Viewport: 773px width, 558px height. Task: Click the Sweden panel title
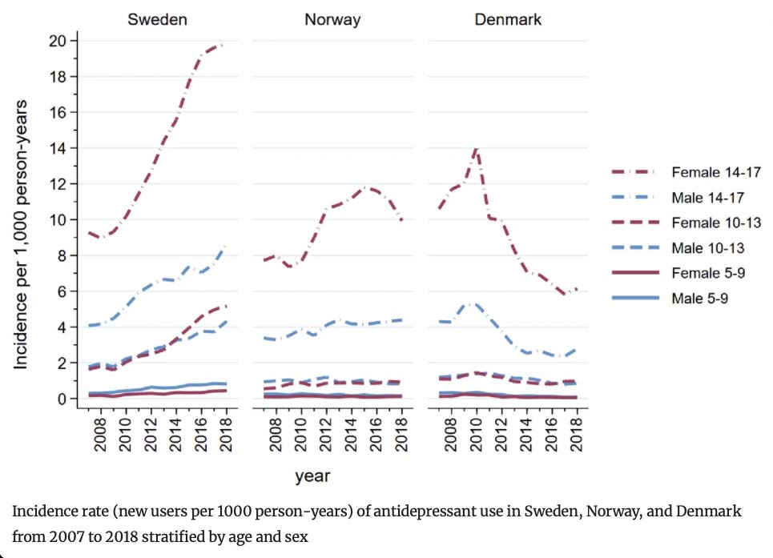point(157,19)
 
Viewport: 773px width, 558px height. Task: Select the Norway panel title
point(332,20)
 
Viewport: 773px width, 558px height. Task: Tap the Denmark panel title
point(508,19)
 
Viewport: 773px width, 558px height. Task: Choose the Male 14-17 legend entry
point(678,198)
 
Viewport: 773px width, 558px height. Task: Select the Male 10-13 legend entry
point(678,247)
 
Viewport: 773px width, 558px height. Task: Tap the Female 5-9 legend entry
point(678,273)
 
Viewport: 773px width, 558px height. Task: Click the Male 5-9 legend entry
point(670,298)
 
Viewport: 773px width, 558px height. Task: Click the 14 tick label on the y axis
point(57,148)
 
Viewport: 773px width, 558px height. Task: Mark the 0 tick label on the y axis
point(62,399)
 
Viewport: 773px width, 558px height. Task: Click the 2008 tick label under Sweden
point(100,435)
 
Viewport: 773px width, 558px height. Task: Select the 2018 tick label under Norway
point(401,435)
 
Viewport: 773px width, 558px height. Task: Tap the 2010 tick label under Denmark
point(476,435)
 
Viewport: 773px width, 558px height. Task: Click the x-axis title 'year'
point(312,476)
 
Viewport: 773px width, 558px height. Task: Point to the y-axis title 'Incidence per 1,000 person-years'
point(20,235)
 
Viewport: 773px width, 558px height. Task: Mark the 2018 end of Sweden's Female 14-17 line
point(225,45)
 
